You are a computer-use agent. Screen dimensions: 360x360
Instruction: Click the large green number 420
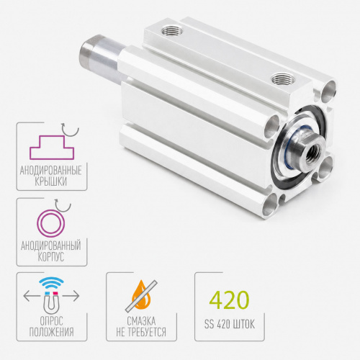click(229, 300)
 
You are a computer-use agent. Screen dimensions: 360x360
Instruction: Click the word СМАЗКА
click(141, 321)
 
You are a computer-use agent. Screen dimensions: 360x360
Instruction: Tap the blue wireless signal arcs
click(51, 283)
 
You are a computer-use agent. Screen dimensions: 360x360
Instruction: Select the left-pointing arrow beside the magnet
click(32, 296)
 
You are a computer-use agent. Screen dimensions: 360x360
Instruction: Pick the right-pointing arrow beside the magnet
click(71, 296)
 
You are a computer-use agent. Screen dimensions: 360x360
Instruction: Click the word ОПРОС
click(51, 321)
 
